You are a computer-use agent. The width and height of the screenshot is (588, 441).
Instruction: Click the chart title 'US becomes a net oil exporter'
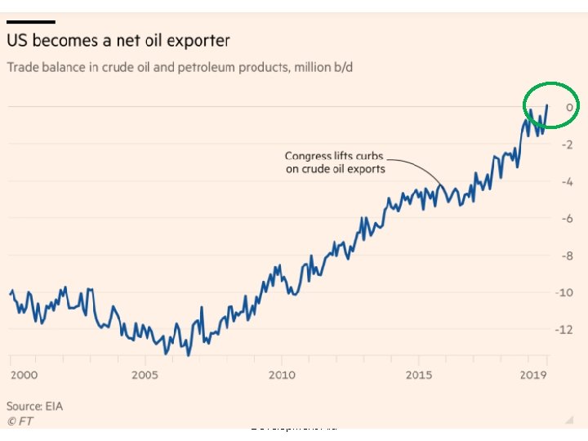click(118, 40)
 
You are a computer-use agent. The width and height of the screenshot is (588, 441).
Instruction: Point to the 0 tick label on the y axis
click(568, 107)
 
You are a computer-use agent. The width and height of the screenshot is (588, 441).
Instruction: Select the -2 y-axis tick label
click(566, 144)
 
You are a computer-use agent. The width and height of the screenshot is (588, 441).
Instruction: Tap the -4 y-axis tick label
click(566, 181)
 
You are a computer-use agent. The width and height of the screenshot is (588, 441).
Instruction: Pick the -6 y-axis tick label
click(566, 218)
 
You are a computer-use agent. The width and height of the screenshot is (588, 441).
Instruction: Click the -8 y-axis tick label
click(566, 256)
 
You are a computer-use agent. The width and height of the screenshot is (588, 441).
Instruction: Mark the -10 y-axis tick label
click(563, 292)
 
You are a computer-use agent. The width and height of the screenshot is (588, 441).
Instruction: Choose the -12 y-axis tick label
click(563, 330)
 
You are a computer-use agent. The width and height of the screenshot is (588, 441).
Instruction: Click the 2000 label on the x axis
click(24, 375)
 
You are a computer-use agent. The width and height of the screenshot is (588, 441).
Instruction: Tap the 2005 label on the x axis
click(145, 375)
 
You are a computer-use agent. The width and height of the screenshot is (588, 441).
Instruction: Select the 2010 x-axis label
click(281, 375)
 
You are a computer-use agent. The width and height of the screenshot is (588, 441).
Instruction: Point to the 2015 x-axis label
click(418, 375)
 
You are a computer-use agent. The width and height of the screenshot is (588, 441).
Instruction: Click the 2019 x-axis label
click(534, 375)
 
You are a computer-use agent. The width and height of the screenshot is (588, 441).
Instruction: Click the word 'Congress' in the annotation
click(308, 156)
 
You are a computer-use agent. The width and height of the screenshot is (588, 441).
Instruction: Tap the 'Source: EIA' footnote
click(35, 406)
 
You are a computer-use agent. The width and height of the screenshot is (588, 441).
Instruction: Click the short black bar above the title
click(32, 22)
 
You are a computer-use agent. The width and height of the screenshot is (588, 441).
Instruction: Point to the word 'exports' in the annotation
click(365, 169)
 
